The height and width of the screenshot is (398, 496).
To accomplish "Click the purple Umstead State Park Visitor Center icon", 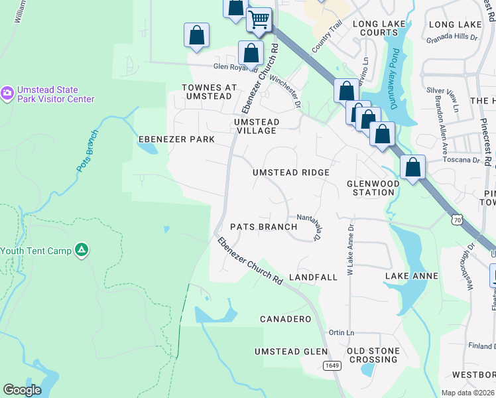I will [7, 94].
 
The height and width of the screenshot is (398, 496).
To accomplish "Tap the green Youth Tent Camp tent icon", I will [81, 250].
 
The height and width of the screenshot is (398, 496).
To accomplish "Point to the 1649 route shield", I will [332, 365].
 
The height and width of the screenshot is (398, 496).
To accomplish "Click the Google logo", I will [22, 390].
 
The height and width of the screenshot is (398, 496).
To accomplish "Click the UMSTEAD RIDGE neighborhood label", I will [291, 172].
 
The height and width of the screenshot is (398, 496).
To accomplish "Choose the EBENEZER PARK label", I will [176, 139].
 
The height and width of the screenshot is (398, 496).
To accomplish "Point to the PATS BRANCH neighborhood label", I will [263, 227].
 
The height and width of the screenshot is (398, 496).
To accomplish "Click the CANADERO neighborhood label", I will [285, 319].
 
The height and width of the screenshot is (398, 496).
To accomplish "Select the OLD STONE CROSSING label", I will [373, 355].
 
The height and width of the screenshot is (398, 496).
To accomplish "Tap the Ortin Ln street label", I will [341, 332].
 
